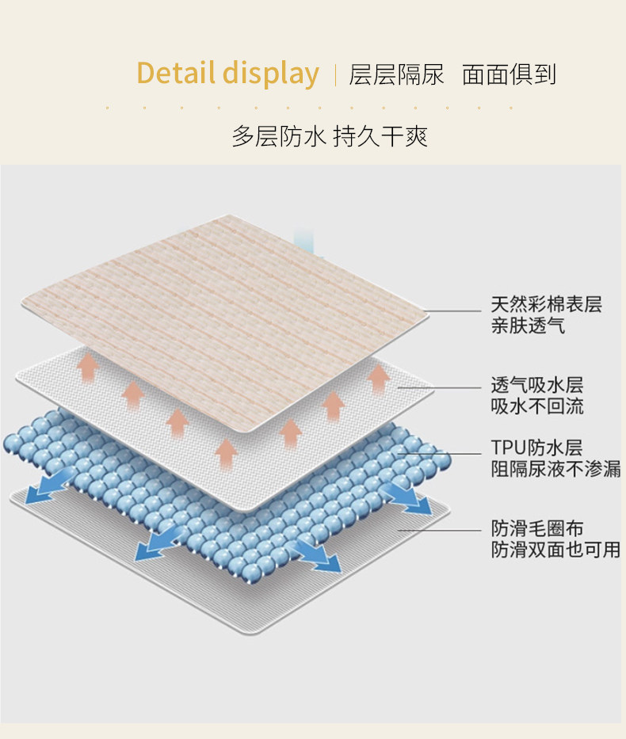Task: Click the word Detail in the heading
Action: pos(176,74)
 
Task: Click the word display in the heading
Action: pos(271,74)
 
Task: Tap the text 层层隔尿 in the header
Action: pos(397,74)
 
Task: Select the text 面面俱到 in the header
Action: pos(510,74)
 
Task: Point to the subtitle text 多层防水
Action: pos(278,136)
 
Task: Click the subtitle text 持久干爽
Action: pos(380,136)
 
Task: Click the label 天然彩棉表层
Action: pos(546,303)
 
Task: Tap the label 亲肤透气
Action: pos(528,325)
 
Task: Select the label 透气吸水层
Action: pos(536,386)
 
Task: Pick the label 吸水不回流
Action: pos(536,407)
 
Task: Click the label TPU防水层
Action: pos(536,448)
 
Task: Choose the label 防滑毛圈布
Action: pos(536,528)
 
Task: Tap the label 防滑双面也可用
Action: pos(555,549)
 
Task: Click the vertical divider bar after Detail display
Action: pos(335,75)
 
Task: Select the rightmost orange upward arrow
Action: pos(379,377)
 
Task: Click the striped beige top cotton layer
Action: pos(238,301)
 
